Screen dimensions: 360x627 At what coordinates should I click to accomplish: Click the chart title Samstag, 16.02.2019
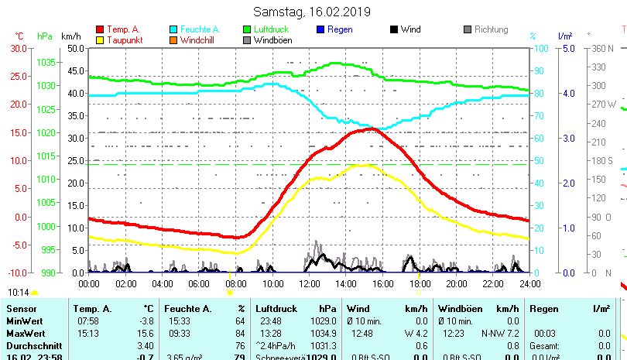(312, 12)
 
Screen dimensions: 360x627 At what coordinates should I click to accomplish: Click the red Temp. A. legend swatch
(100, 30)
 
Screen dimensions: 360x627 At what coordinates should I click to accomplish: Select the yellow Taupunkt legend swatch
(100, 40)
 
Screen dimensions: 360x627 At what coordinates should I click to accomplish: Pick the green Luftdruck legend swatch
(247, 30)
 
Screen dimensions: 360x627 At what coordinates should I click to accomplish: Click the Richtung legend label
(492, 30)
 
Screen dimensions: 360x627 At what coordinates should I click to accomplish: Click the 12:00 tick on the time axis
(309, 283)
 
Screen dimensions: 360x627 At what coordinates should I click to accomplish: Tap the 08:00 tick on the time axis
(235, 283)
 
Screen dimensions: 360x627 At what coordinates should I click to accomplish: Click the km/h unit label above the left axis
(71, 36)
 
